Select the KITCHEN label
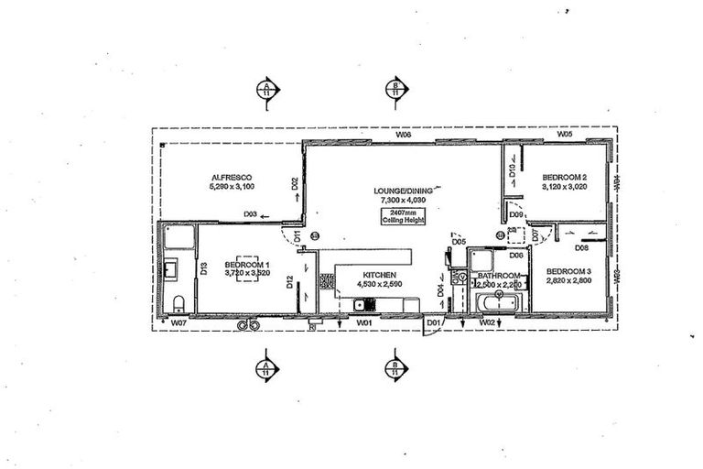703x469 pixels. [x=379, y=275]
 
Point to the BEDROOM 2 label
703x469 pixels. [x=564, y=177]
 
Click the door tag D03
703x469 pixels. [x=250, y=215]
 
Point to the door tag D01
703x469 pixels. [x=433, y=322]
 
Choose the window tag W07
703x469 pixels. [x=178, y=323]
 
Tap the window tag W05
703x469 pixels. [x=564, y=135]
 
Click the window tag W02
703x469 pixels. [x=487, y=322]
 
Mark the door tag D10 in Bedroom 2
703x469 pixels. [x=513, y=169]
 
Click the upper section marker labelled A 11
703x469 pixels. [x=265, y=89]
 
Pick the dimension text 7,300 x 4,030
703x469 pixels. [x=396, y=200]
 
